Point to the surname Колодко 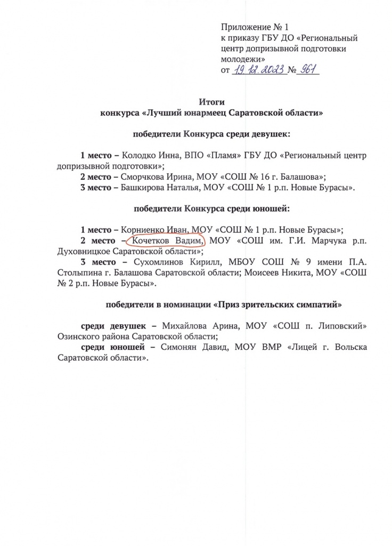137,156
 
